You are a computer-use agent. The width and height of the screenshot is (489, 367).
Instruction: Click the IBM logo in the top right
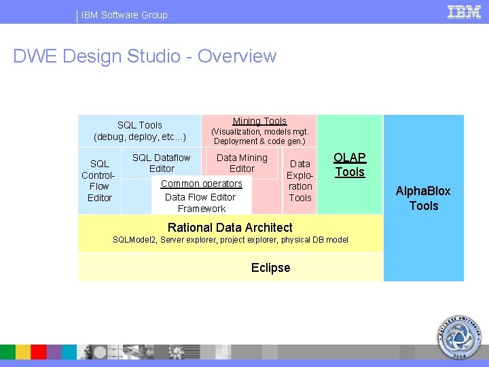(464, 12)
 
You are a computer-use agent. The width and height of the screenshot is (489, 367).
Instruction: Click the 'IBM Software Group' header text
(124, 15)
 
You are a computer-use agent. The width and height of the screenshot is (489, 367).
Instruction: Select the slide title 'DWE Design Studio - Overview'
(145, 56)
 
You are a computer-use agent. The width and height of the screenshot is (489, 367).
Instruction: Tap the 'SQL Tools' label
(140, 125)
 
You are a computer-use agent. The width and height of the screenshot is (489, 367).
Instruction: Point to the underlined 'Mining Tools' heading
(259, 121)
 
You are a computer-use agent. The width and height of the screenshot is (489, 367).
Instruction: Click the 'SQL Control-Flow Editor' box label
(99, 181)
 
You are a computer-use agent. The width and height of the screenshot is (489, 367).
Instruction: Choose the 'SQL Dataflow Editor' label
(162, 163)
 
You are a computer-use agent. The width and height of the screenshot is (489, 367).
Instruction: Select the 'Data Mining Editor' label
(242, 163)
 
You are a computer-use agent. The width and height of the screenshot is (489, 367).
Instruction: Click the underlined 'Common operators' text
(201, 183)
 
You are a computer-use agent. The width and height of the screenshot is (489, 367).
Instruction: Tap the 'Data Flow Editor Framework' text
(200, 203)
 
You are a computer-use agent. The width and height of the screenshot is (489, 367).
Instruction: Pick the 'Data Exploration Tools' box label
(300, 181)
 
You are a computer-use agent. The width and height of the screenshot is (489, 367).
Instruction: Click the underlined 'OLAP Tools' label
(350, 164)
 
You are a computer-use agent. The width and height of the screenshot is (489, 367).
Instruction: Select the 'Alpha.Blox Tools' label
(424, 198)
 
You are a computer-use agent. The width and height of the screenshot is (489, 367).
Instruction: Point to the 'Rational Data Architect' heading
(230, 228)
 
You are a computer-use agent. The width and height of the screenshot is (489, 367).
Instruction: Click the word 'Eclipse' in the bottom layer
(270, 268)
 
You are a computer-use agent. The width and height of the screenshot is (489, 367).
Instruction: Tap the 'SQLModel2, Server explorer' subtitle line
(230, 240)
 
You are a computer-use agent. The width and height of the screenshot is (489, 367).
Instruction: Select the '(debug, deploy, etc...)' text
(140, 137)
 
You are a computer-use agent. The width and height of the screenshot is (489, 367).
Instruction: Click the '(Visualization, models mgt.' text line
(259, 132)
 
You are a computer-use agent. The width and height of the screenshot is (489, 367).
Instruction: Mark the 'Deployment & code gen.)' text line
(259, 141)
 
